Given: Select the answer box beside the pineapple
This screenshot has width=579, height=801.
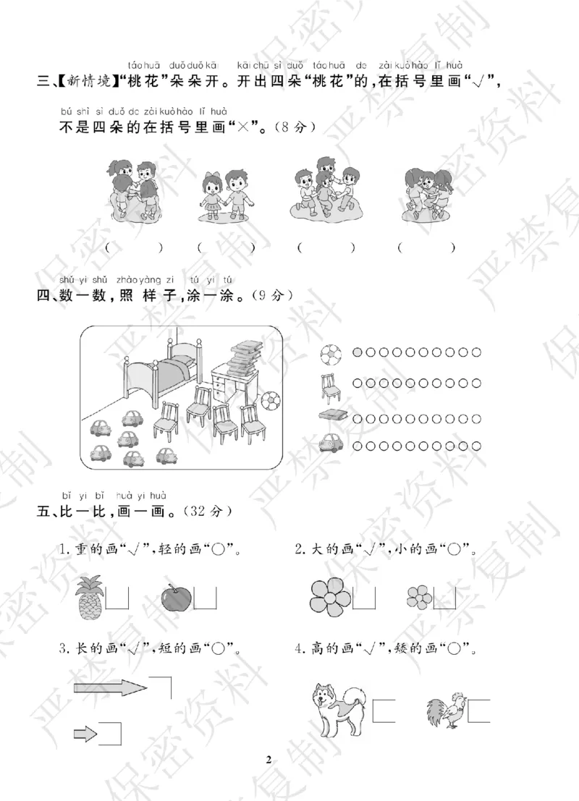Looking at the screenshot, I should click(117, 598).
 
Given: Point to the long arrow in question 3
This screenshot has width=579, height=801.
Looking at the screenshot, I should click(110, 687).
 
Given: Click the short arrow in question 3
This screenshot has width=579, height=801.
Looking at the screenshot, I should click(85, 735).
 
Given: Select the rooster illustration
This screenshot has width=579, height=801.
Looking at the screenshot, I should click(444, 711).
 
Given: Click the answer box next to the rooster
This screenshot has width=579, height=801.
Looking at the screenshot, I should click(479, 711).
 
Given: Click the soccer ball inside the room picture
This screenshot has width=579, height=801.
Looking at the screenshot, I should click(269, 400).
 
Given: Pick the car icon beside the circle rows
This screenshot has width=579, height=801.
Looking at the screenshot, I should click(331, 442).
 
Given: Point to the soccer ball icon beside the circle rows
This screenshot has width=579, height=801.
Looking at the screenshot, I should click(331, 352).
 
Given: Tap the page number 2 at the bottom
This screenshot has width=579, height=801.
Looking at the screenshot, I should click(269, 759).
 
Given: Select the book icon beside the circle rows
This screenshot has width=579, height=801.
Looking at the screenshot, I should click(331, 415).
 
